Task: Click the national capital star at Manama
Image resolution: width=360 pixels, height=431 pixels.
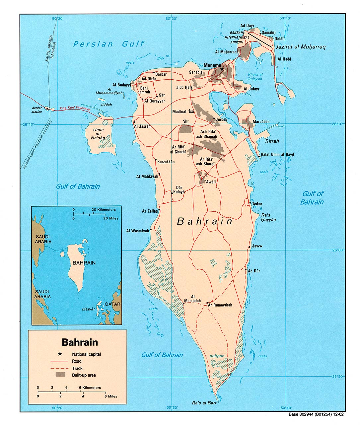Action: pyautogui.click(x=222, y=69)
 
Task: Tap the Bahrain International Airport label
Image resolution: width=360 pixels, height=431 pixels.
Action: pyautogui.click(x=237, y=37)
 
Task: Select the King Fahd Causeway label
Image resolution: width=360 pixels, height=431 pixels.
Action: pyautogui.click(x=75, y=108)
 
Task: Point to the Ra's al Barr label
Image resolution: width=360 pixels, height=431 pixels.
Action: pyautogui.click(x=204, y=403)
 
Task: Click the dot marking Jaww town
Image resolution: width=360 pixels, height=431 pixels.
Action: pyautogui.click(x=250, y=247)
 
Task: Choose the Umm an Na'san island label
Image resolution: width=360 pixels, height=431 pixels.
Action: pyautogui.click(x=98, y=134)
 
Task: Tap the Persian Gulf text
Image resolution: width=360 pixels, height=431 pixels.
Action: pyautogui.click(x=109, y=44)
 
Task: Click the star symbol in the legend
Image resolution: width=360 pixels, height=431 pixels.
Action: pyautogui.click(x=60, y=354)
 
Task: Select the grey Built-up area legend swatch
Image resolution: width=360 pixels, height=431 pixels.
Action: pyautogui.click(x=60, y=375)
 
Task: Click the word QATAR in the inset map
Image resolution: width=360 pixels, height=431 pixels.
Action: pyautogui.click(x=112, y=304)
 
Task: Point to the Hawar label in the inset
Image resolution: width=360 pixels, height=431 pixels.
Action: pyautogui.click(x=89, y=309)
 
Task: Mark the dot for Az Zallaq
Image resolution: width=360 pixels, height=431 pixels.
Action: pyautogui.click(x=159, y=210)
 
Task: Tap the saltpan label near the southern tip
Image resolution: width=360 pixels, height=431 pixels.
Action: pyautogui.click(x=217, y=356)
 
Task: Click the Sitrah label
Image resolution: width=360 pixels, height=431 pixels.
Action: pyautogui.click(x=272, y=141)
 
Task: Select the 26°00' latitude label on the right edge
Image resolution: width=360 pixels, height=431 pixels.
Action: pyautogui.click(x=337, y=250)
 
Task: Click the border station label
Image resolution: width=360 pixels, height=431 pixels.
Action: pyautogui.click(x=37, y=110)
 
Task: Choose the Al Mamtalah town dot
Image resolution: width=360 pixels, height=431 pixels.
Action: pyautogui.click(x=183, y=303)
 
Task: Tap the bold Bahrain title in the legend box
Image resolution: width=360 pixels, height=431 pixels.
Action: pyautogui.click(x=80, y=342)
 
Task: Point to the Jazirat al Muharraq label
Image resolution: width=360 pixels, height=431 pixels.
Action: pyautogui.click(x=301, y=47)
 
